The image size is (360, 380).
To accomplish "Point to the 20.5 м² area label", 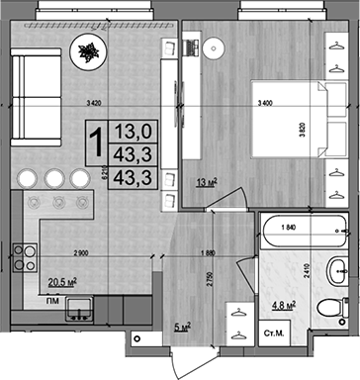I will (63, 281).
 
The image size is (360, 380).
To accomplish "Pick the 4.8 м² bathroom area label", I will (284, 305).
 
